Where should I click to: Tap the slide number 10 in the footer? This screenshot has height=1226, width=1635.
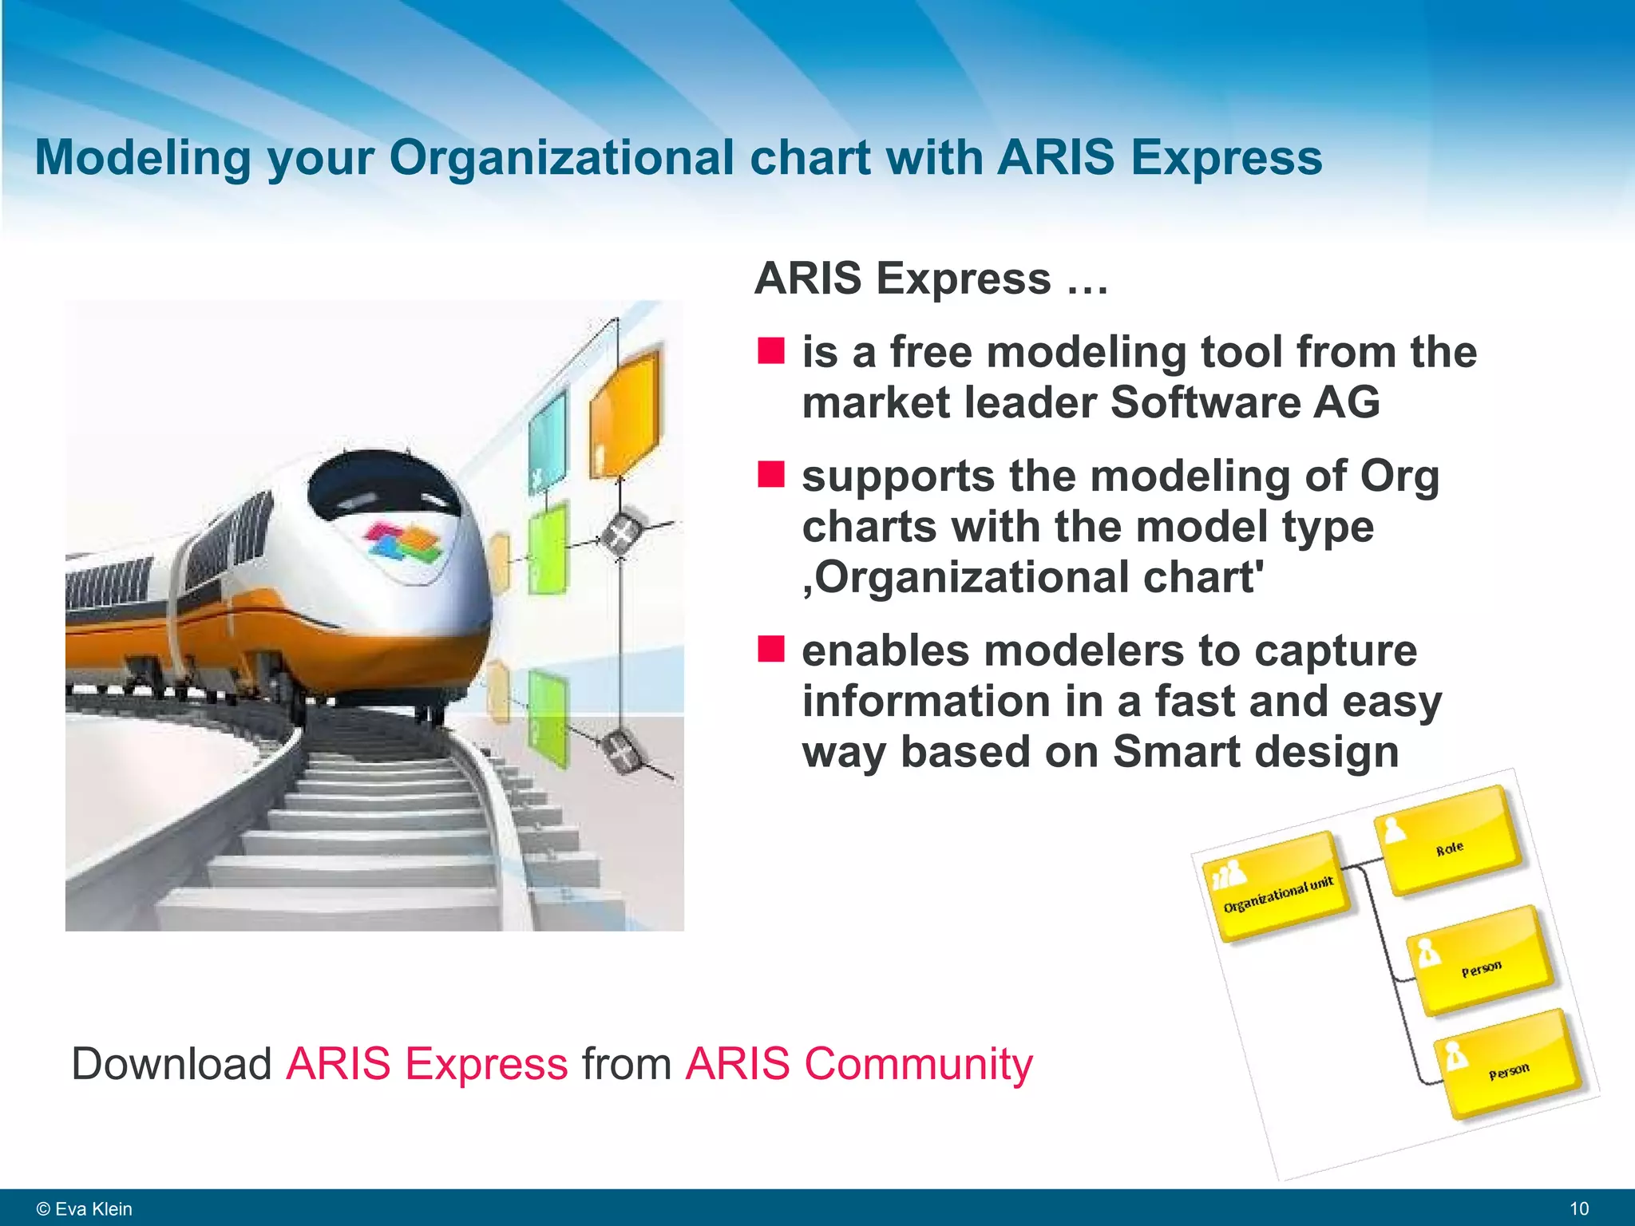[x=1578, y=1208]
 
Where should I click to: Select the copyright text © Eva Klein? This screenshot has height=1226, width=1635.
[x=85, y=1208]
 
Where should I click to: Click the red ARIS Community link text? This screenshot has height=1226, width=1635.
[x=858, y=1064]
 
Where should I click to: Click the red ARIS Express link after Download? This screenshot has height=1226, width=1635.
[x=426, y=1064]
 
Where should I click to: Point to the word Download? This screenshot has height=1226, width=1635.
[x=172, y=1064]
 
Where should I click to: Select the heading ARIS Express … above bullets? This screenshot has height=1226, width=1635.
[x=931, y=279]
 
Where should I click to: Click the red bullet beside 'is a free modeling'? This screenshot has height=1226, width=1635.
[x=771, y=350]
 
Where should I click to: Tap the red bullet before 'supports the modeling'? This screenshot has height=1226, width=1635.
[x=771, y=473]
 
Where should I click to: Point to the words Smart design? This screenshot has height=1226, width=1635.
[x=1255, y=752]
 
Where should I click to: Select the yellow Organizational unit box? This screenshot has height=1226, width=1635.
[x=1277, y=886]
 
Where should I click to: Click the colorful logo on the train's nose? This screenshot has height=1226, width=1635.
[x=404, y=544]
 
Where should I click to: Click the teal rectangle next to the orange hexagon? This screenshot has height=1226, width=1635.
[x=548, y=439]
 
